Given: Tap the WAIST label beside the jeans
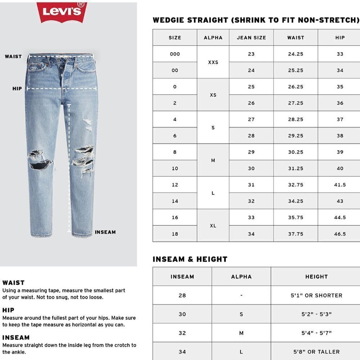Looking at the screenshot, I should tap(13, 57).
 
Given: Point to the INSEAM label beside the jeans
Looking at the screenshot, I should tap(105, 232).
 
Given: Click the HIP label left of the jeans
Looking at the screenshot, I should tap(17, 89).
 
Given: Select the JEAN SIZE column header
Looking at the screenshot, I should tap(251, 37).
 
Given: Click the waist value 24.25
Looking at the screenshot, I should tap(296, 54).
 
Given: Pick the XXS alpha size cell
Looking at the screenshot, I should tap(213, 62).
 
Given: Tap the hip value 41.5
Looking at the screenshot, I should tap(340, 185).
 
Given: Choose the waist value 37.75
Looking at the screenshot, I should tap(296, 234).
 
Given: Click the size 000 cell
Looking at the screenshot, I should tap(175, 54).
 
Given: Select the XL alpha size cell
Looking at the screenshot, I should tap(213, 226).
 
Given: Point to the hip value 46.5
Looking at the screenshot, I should tap(340, 234).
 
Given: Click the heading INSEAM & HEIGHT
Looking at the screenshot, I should tap(190, 259).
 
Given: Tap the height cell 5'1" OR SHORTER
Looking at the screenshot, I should tap(316, 296).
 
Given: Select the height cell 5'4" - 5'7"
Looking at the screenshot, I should tap(316, 333).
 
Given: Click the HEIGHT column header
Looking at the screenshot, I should tap(316, 277).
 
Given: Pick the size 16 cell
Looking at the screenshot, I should tap(175, 217).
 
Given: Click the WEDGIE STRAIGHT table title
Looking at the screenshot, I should tap(256, 20).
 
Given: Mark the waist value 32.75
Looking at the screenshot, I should tap(296, 185).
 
